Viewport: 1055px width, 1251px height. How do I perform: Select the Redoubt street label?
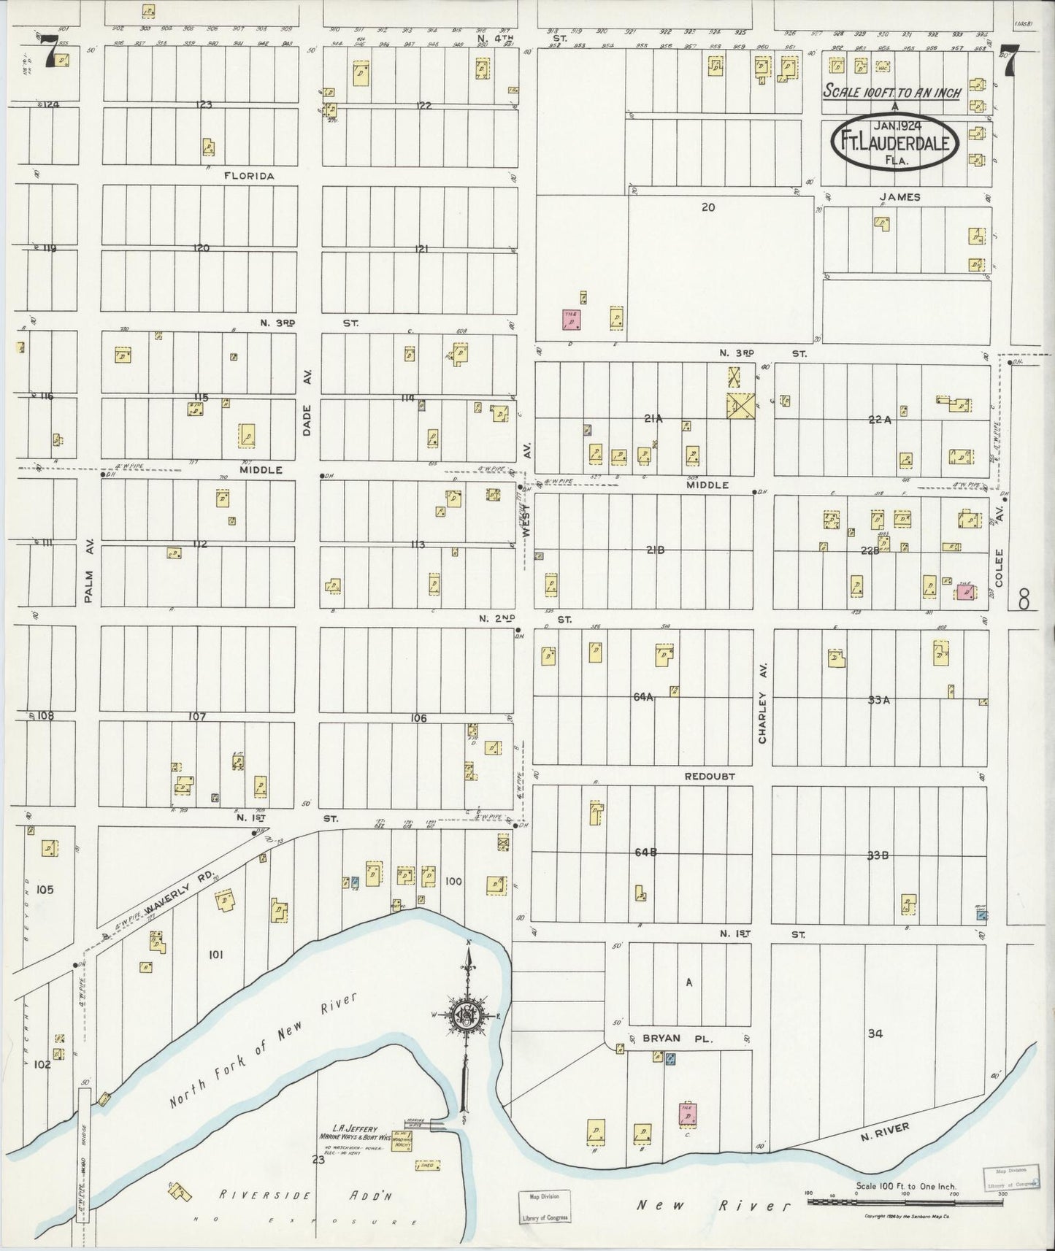pos(709,777)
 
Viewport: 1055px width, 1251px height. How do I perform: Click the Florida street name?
pos(249,176)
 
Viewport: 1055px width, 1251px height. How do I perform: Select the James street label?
pos(899,197)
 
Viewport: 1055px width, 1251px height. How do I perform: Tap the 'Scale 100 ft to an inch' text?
pos(891,93)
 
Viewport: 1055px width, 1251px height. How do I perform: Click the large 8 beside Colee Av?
pos(1024,600)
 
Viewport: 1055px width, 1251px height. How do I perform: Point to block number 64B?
pos(646,852)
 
